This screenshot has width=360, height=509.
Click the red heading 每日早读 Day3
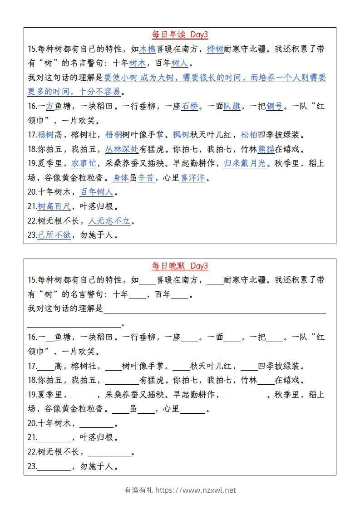[180, 35]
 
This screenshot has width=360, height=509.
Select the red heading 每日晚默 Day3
[180, 266]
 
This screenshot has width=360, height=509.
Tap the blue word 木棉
[148, 49]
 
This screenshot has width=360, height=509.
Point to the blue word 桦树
[215, 49]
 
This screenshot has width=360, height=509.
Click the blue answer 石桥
[190, 107]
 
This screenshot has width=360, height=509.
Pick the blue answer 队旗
[232, 107]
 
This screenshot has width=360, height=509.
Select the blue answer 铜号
[275, 107]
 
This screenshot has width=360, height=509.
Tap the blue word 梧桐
[113, 135]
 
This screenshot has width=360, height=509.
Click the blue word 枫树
[181, 135]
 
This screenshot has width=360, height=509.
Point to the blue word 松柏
[249, 135]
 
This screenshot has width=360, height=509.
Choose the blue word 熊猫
[266, 149]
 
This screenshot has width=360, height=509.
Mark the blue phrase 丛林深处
[122, 149]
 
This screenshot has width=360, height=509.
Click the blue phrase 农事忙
[84, 164]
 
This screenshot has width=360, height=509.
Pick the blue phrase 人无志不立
[109, 221]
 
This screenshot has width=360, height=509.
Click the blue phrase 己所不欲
[54, 235]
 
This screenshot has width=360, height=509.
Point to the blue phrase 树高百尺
[54, 207]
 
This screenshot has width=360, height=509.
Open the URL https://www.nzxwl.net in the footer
[196, 490]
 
